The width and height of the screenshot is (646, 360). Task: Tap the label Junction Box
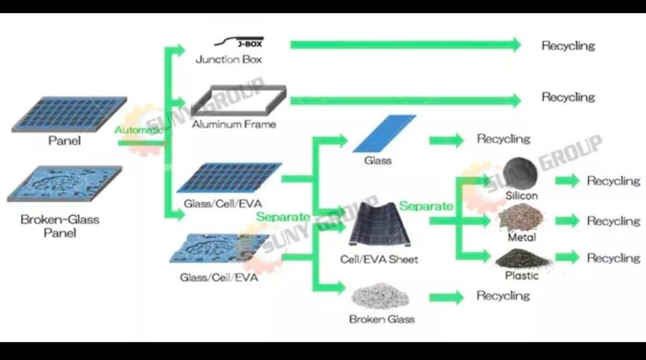[228, 59]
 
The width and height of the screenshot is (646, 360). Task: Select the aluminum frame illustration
[238, 100]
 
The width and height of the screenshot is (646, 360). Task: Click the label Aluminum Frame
[234, 124]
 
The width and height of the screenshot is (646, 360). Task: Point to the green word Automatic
[138, 130]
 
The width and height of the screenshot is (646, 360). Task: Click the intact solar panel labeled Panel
[69, 114]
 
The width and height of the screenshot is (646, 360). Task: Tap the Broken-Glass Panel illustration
[65, 183]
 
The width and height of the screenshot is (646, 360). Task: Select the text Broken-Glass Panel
[60, 226]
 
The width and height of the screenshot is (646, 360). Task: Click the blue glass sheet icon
[384, 133]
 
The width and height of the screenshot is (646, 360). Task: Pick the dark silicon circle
[520, 173]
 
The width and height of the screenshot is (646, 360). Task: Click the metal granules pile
[520, 217]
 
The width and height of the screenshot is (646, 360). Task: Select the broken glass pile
[380, 296]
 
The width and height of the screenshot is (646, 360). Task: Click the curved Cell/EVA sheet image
[380, 225]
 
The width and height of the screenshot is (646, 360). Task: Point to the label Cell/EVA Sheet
[379, 260]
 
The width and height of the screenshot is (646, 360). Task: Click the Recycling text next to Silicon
[613, 181]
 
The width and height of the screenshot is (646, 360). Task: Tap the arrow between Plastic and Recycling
[567, 257]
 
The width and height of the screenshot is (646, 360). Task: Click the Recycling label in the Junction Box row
[568, 46]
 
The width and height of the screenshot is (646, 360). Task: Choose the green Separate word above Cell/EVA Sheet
[426, 206]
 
